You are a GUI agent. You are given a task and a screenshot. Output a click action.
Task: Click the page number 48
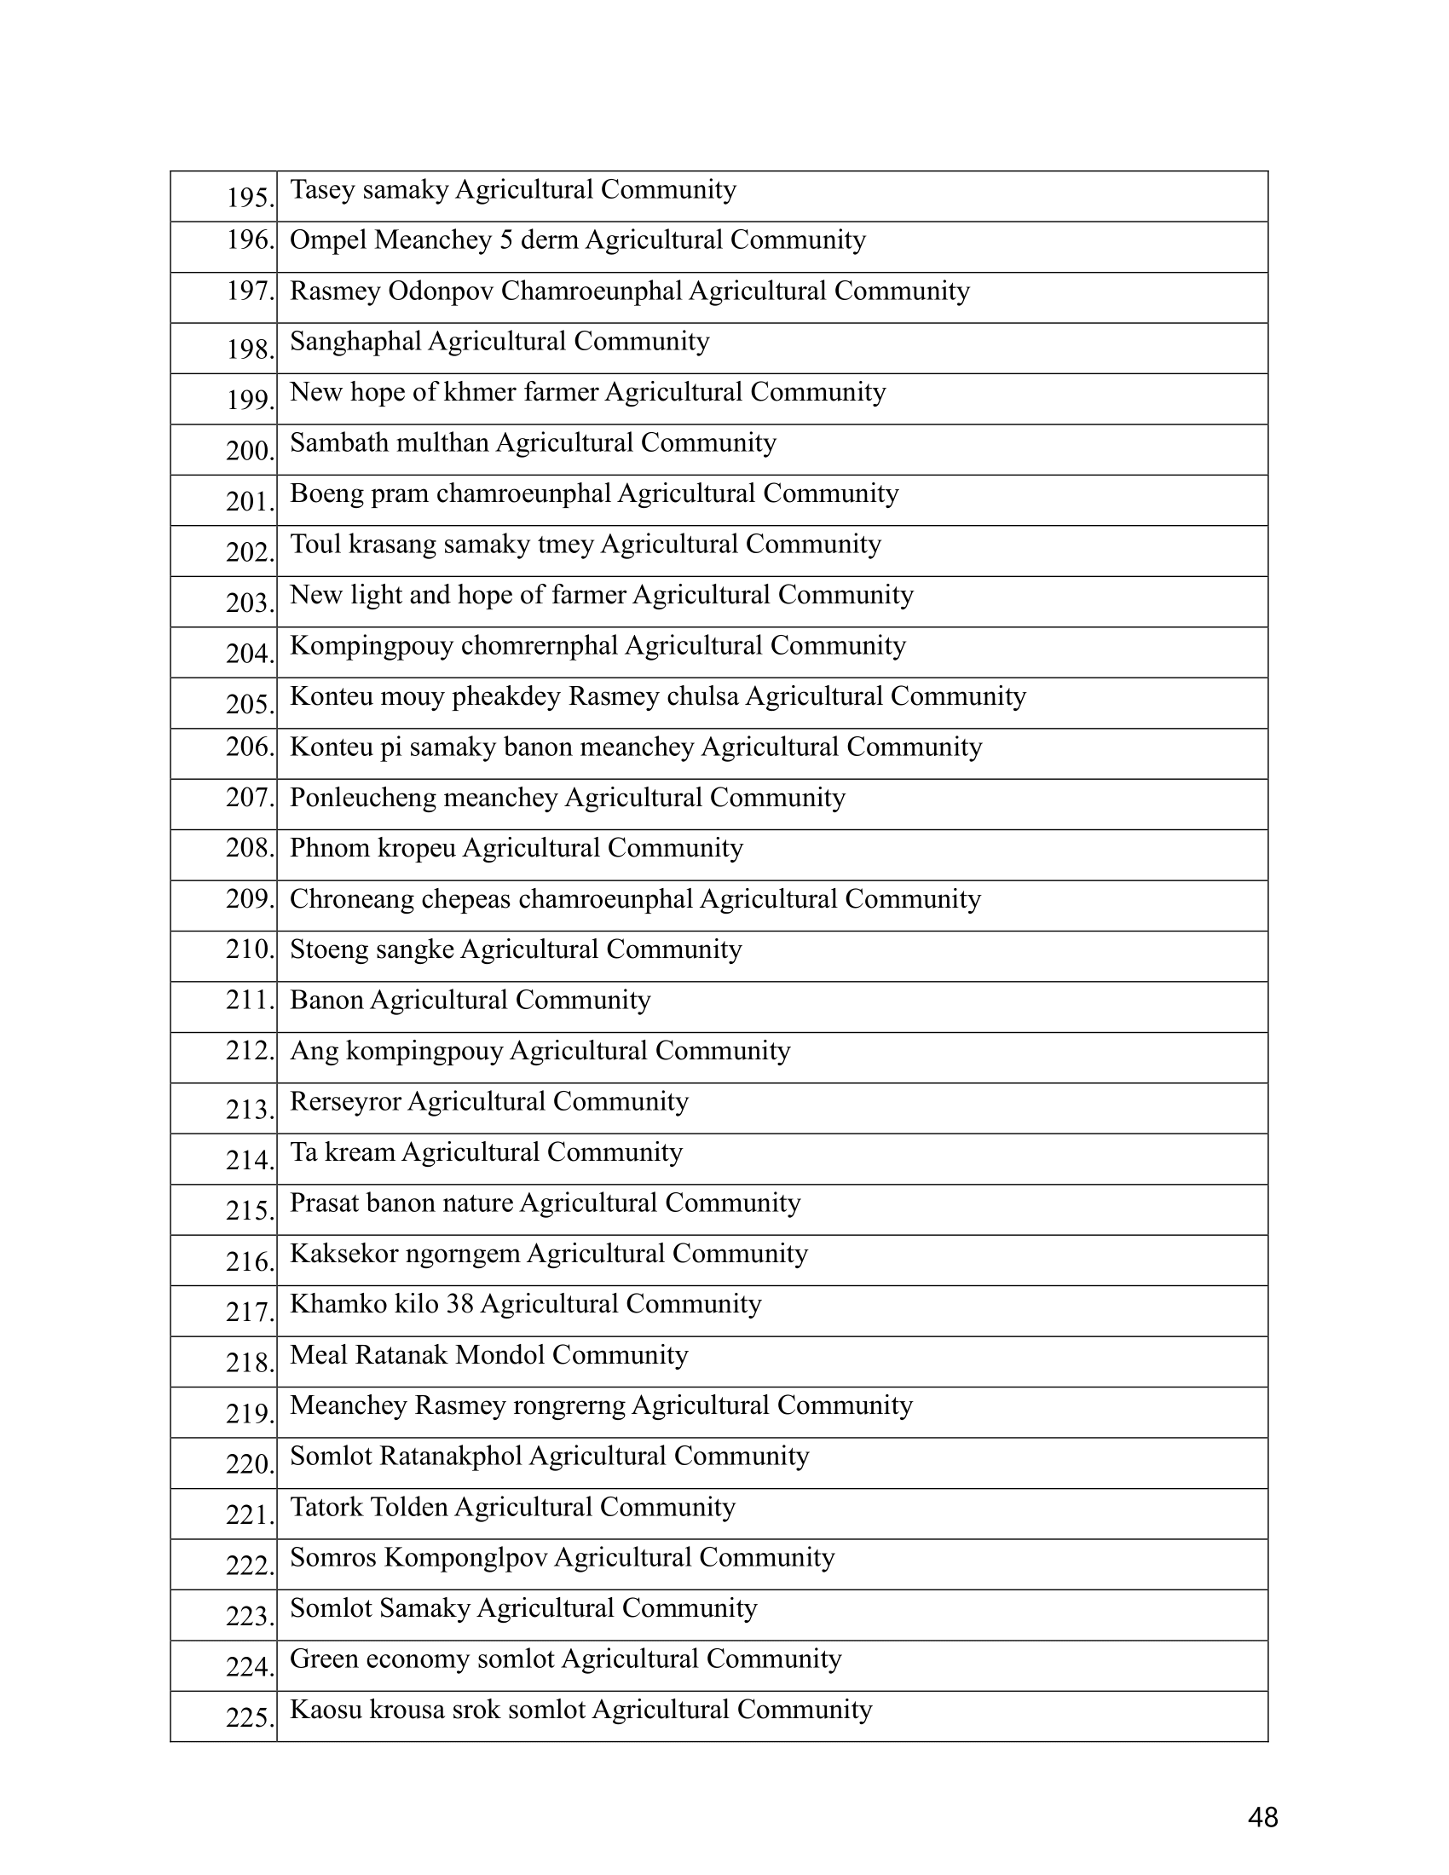(1262, 1818)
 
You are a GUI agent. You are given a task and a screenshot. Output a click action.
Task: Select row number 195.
(249, 199)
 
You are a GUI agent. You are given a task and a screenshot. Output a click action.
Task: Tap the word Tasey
(323, 190)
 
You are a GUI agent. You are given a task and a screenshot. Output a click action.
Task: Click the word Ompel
(328, 240)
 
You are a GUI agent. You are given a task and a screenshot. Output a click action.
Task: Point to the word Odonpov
(441, 291)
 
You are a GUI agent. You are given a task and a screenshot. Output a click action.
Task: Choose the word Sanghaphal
(355, 342)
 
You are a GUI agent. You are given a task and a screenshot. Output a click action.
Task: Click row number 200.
(249, 451)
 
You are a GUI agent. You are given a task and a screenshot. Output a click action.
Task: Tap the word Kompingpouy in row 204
(372, 646)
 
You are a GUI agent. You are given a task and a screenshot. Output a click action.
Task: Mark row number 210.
(249, 949)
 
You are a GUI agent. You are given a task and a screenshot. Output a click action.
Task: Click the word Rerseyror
(345, 1101)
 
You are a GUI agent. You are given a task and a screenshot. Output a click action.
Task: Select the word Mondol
(500, 1355)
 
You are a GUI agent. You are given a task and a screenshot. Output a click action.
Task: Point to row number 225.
(249, 1718)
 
